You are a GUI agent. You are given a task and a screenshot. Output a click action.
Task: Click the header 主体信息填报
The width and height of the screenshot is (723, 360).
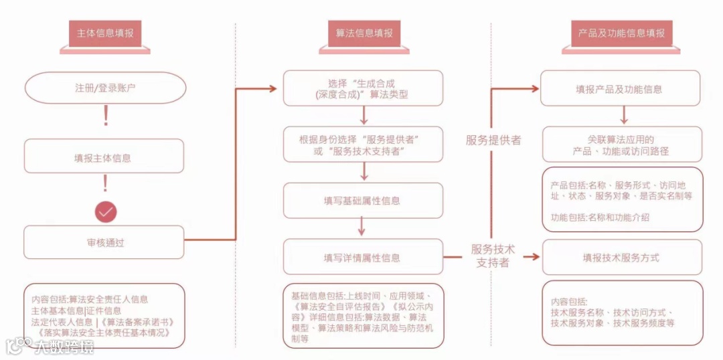tap(104, 33)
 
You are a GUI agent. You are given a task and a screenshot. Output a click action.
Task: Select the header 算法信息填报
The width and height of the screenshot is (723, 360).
tap(364, 33)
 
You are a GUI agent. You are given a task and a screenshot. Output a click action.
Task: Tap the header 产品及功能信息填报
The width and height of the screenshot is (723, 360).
tap(621, 33)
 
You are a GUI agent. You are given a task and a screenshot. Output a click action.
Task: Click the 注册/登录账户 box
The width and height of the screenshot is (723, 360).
tap(104, 88)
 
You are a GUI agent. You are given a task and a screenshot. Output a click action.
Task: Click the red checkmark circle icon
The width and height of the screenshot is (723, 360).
tap(105, 212)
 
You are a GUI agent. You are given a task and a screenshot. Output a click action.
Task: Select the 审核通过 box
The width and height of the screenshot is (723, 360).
tap(104, 242)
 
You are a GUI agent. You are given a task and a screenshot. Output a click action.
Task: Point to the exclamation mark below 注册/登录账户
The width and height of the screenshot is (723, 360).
tap(105, 118)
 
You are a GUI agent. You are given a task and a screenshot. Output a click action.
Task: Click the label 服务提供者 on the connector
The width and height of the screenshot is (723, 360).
tap(493, 140)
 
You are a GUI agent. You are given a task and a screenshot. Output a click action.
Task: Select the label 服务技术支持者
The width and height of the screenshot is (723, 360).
tap(493, 256)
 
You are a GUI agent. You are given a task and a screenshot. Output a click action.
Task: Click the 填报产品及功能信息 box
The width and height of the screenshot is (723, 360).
tap(619, 88)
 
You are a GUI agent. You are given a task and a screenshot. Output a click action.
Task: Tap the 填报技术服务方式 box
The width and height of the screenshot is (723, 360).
tap(621, 257)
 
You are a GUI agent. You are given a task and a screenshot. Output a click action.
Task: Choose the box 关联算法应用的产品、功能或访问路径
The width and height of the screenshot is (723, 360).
tap(621, 145)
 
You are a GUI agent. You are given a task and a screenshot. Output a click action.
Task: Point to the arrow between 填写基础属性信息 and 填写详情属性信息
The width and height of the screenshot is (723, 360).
tap(362, 228)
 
